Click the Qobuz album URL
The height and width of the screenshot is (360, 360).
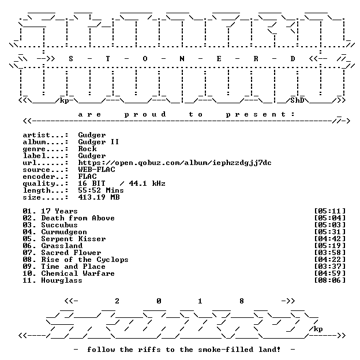(x=175, y=163)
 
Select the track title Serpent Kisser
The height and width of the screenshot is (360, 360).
(x=73, y=239)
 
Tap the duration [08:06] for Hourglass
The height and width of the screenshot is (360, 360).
(x=330, y=280)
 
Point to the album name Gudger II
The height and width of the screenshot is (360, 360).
(x=99, y=142)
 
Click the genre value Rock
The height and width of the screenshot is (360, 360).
(x=87, y=149)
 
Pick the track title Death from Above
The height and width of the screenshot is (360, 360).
(x=78, y=218)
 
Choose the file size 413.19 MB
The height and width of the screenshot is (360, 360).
(x=99, y=197)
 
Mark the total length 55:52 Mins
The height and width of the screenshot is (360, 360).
(x=101, y=190)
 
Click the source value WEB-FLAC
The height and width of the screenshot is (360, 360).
(x=96, y=170)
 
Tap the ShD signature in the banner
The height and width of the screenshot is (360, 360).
(x=297, y=100)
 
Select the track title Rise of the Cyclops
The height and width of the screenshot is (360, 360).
(x=85, y=260)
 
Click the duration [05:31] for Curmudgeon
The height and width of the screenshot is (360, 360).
(x=330, y=232)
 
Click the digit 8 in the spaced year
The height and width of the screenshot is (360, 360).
(x=242, y=301)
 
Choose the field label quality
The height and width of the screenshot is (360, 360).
(x=39, y=183)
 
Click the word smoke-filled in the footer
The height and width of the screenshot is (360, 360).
(x=226, y=350)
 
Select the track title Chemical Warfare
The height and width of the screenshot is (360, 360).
(x=78, y=273)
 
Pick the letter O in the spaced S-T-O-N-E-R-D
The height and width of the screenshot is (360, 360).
(x=145, y=59)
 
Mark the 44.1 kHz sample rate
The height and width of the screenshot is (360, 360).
(x=147, y=183)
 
